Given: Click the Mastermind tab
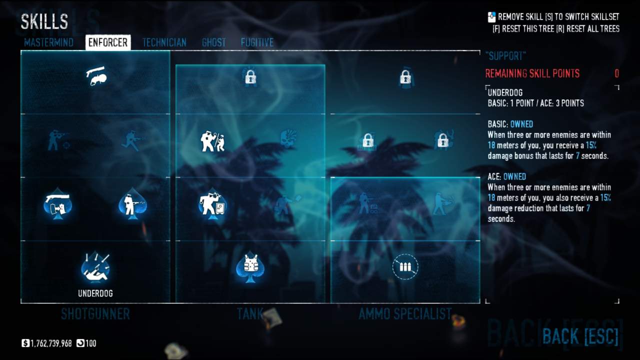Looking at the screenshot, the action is [48, 42].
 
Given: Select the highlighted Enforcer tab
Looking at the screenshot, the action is [108, 42].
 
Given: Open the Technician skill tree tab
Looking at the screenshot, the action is [164, 42].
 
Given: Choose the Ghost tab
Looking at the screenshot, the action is [213, 42].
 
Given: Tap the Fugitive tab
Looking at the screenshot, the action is [257, 42].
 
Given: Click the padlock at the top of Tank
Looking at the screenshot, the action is [250, 77].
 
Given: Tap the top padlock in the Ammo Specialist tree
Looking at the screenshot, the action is [405, 77].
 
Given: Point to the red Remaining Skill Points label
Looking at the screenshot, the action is [532, 74].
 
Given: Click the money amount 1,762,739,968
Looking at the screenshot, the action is [51, 343].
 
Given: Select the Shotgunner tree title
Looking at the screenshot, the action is [95, 314].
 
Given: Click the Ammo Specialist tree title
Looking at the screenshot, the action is [405, 314].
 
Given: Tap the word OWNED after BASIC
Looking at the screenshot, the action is [521, 124].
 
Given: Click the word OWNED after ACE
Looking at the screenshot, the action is [514, 176].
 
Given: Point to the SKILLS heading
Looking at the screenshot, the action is [44, 21].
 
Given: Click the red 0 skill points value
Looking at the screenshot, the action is [616, 74].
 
